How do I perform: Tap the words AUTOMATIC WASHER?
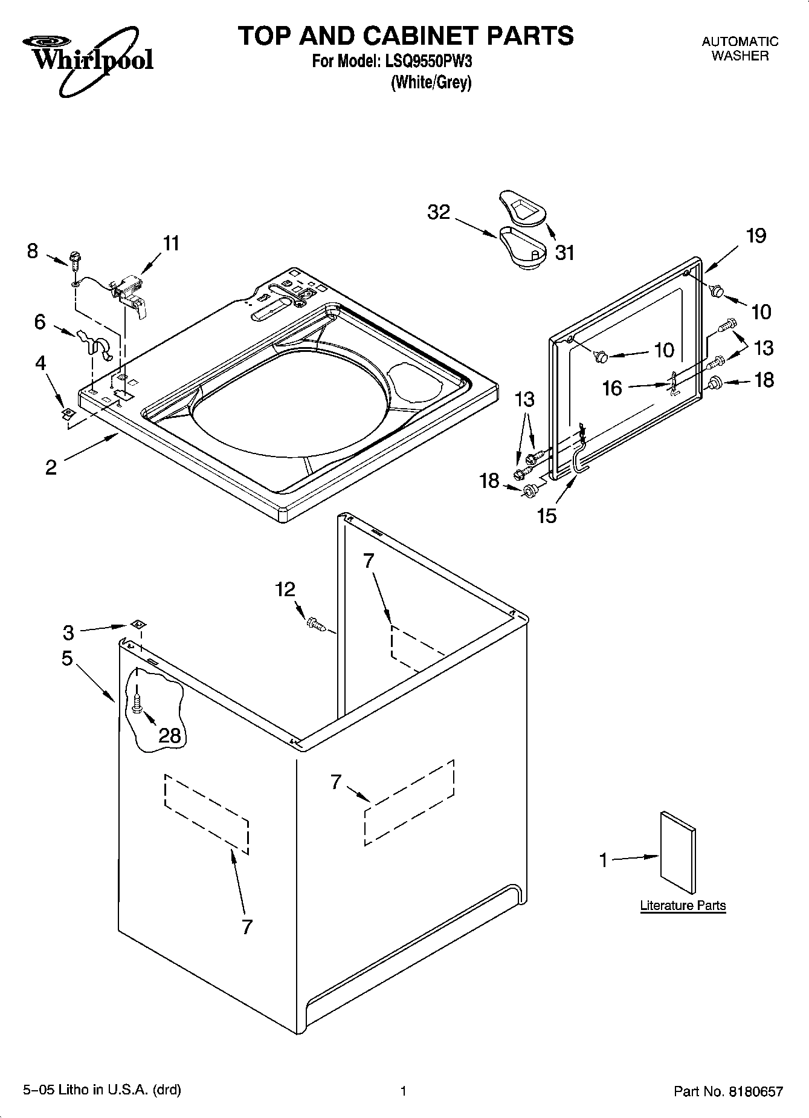pyautogui.click(x=740, y=48)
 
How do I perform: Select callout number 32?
pyautogui.click(x=439, y=212)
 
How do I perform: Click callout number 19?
pyautogui.click(x=756, y=235)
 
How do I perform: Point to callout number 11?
pyautogui.click(x=171, y=243)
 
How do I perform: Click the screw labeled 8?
pyautogui.click(x=76, y=262)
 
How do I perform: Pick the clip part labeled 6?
pyautogui.click(x=95, y=346)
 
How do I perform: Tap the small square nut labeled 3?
pyautogui.click(x=138, y=624)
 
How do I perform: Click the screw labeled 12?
pyautogui.click(x=315, y=623)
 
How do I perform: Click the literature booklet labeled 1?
pyautogui.click(x=677, y=853)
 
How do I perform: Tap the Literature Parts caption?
pyautogui.click(x=683, y=905)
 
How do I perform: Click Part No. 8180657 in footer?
pyautogui.click(x=728, y=1091)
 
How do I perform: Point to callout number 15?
pyautogui.click(x=547, y=516)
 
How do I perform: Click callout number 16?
pyautogui.click(x=612, y=388)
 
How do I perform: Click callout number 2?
pyautogui.click(x=51, y=467)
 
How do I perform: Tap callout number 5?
pyautogui.click(x=66, y=658)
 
